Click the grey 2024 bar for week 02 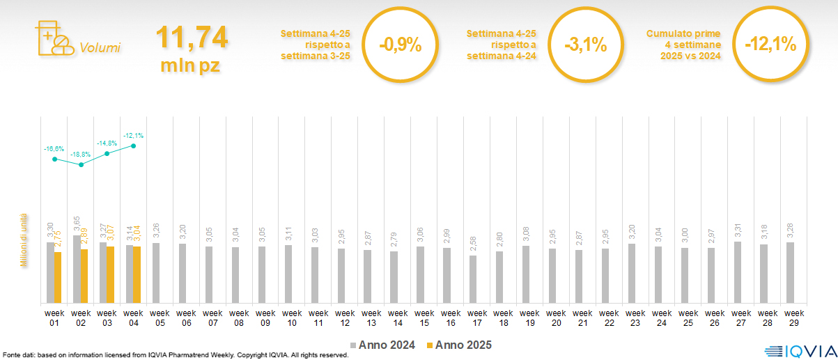point(77,269)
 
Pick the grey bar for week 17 point(473,279)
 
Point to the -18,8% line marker point(82,165)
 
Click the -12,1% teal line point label point(133,135)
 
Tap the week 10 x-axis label point(292,318)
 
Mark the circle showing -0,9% point(400,45)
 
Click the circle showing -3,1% point(585,45)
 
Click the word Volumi point(100,48)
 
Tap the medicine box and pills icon point(53,38)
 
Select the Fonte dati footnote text point(176,355)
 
